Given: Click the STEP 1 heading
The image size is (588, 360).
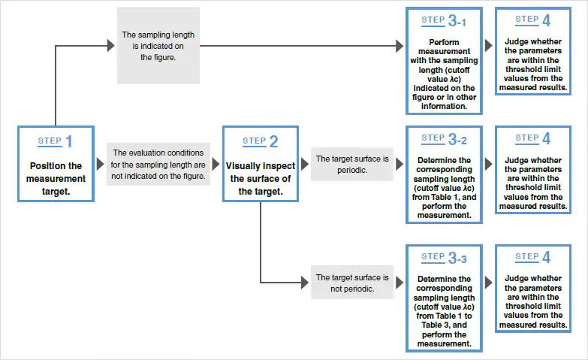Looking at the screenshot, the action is tap(55, 141).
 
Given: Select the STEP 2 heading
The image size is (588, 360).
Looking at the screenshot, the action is tap(261, 141).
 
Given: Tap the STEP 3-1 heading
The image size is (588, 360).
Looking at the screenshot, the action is tap(444, 20).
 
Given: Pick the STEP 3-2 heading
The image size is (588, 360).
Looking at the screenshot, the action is tap(444, 139).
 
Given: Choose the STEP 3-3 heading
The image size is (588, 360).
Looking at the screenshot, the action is tap(444, 258).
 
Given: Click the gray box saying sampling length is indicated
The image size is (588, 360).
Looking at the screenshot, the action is tap(158, 45).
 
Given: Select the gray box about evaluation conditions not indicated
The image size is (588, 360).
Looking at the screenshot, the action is tap(158, 164).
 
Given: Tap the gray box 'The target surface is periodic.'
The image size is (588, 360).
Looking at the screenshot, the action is tap(352, 164).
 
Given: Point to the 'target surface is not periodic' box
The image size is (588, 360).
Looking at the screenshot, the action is tap(352, 283).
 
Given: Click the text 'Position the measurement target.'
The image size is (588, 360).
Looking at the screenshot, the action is tap(56, 179).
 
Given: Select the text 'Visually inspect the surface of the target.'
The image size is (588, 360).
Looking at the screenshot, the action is tap(261, 179).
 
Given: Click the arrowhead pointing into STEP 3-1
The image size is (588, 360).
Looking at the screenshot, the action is tap(400, 46).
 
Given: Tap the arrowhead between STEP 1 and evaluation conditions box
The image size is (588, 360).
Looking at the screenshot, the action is tap(100, 164).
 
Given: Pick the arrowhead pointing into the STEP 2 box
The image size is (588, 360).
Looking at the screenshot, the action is tap(216, 164).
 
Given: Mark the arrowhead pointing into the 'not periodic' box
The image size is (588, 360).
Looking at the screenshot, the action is tap(305, 283).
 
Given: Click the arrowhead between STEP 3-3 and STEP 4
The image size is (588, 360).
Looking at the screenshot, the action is tap(488, 283).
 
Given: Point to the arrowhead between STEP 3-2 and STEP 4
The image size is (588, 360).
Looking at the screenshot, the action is tap(488, 164).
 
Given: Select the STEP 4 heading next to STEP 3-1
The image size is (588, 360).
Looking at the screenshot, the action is tap(533, 20).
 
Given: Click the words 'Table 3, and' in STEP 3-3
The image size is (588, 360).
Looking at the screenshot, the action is tap(444, 325).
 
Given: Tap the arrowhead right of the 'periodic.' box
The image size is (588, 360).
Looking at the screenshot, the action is tap(400, 164).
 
